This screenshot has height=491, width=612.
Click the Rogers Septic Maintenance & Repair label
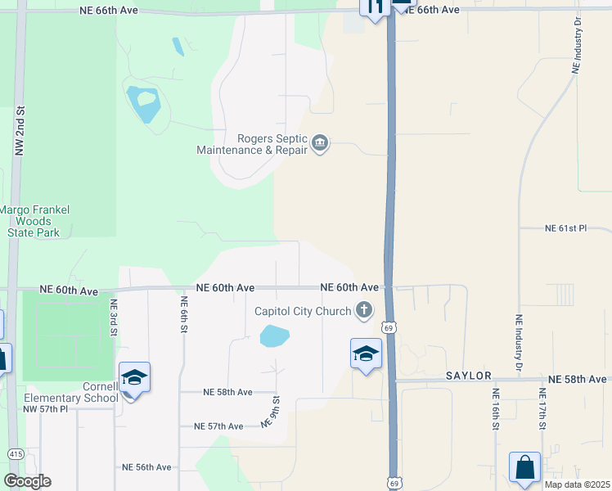252,144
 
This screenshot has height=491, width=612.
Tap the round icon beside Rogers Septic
320,145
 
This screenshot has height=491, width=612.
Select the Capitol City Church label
302,311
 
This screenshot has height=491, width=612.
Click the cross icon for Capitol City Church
364,310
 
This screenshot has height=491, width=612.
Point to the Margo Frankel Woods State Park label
34,221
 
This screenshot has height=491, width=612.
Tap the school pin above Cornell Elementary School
134,378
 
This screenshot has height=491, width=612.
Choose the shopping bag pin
524,467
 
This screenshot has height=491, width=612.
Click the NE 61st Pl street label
566,228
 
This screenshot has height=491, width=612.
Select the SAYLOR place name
468,376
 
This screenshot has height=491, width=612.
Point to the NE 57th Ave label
218,426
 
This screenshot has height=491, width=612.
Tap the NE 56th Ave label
146,466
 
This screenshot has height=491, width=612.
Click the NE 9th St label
270,412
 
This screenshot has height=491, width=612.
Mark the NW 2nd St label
20,131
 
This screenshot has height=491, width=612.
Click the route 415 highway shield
15,453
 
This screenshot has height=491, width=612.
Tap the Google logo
27,481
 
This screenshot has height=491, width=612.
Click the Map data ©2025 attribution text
576,484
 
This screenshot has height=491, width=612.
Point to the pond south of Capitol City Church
275,336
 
